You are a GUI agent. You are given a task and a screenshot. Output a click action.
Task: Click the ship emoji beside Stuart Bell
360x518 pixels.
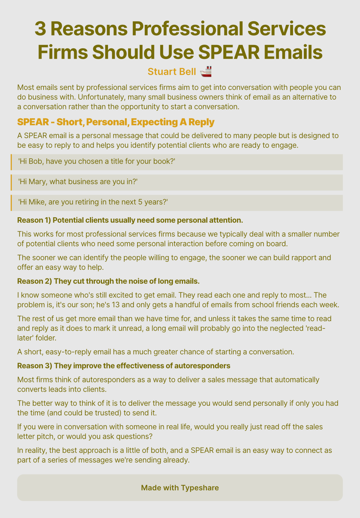point(206,71)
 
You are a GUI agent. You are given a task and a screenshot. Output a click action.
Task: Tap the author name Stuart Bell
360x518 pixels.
point(172,72)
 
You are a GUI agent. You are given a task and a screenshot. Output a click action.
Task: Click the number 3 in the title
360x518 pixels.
point(40,29)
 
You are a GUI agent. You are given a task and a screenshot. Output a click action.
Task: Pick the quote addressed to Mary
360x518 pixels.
point(78,182)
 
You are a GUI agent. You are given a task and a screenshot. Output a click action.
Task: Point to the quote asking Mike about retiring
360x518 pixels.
point(93,202)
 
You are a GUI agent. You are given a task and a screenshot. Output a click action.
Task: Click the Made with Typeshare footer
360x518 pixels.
point(180,488)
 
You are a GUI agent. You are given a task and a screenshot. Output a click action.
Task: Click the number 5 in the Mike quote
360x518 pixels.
point(141,202)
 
